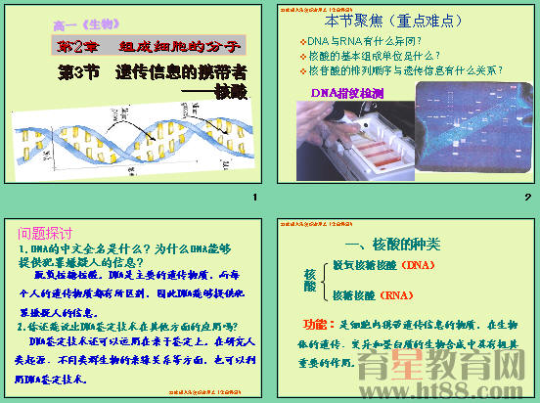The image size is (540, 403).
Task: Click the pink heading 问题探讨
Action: coord(46,234)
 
